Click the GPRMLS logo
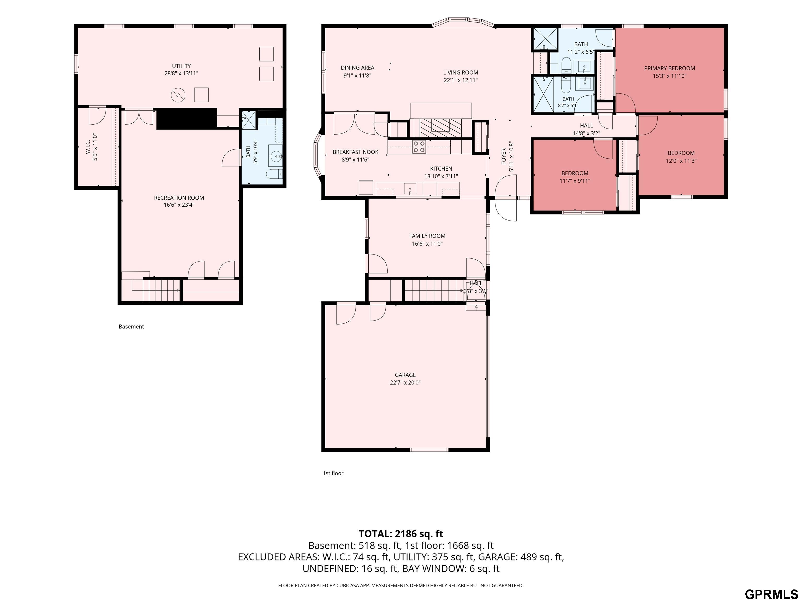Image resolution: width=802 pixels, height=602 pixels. (771, 594)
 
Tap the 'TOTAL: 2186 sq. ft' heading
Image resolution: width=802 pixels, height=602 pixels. (401, 534)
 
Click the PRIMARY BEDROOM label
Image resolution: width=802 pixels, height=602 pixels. (669, 68)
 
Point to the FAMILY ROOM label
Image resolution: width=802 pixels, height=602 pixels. (427, 236)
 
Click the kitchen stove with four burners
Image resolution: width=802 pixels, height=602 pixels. (419, 147)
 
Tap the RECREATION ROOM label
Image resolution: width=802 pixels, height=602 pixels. (179, 198)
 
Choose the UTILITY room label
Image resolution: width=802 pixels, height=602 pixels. (181, 66)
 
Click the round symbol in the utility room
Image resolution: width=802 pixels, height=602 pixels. (178, 95)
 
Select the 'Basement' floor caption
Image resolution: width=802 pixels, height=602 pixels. (131, 327)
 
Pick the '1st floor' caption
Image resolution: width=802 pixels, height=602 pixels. (333, 473)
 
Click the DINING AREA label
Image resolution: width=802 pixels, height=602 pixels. (357, 68)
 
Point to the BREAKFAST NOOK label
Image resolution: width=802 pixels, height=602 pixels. (355, 152)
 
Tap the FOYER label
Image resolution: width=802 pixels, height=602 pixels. (504, 157)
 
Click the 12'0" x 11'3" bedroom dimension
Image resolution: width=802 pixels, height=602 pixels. (681, 161)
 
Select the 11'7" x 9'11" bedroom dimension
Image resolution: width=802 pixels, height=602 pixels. (575, 181)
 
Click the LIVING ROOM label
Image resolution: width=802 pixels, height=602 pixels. (461, 73)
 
